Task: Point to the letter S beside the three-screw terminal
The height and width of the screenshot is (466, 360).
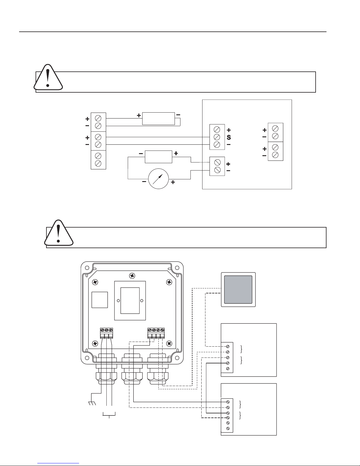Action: [229, 137]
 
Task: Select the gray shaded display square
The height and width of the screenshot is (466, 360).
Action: [238, 290]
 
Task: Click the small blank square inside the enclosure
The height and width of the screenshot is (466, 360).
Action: [100, 300]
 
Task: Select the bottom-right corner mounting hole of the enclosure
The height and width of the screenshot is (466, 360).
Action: [177, 358]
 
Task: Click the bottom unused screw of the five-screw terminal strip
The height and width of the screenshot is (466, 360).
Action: [228, 369]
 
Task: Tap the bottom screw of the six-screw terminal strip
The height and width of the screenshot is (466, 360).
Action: [228, 429]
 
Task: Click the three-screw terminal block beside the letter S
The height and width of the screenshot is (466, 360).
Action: [217, 137]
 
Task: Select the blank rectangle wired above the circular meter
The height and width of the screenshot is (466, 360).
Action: [158, 157]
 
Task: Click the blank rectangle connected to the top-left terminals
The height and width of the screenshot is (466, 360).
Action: [158, 118]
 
